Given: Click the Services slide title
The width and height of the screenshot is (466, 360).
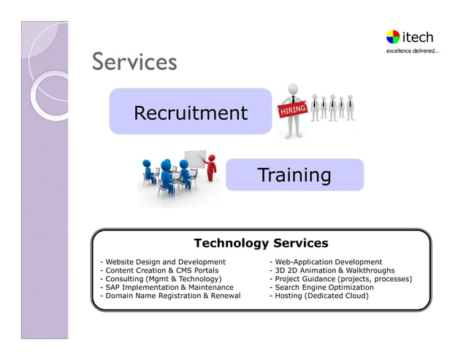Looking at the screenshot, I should (x=134, y=62).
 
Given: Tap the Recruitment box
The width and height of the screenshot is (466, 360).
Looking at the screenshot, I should (x=190, y=113).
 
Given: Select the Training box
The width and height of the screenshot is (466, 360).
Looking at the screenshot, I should (x=294, y=175).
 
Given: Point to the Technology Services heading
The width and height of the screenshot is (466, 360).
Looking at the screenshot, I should (x=261, y=243).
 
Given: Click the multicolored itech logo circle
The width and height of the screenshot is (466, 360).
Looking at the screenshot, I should (x=393, y=37).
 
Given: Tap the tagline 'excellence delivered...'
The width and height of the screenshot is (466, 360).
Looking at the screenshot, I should (x=412, y=51).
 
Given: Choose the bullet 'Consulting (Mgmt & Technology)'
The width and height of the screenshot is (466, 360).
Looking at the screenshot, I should (x=160, y=279).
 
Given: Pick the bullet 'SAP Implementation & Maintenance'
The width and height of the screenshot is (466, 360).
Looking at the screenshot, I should (x=167, y=288).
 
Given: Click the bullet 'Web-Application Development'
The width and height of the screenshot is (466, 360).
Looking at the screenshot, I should (x=326, y=261).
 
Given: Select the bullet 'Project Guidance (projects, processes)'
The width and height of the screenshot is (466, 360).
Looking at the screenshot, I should (x=341, y=279).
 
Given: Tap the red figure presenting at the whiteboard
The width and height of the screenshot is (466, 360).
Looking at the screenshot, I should (x=212, y=168).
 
